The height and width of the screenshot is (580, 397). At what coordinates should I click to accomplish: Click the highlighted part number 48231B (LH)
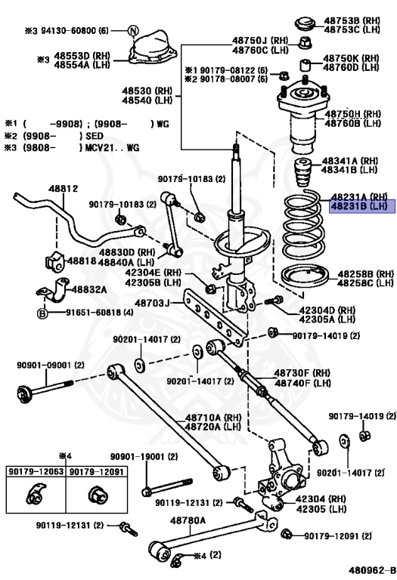coord(358,206)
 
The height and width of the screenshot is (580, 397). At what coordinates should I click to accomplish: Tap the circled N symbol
coord(134,31)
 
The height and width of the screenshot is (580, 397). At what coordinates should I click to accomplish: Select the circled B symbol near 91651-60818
coord(42,313)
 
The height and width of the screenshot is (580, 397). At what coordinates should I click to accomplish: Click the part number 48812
coord(64,189)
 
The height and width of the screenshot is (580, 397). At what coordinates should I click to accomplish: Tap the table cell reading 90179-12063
coord(36,471)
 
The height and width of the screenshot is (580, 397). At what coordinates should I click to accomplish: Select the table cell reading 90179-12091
coord(97,471)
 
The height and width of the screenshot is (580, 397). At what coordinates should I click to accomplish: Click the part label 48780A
coord(188,520)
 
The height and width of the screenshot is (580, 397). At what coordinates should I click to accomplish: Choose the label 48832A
coord(89,289)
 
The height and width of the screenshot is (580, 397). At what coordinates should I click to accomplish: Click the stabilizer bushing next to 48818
coord(54,261)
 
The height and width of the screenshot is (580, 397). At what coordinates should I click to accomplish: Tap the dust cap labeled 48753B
coord(306,23)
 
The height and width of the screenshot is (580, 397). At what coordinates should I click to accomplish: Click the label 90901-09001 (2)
coord(51,365)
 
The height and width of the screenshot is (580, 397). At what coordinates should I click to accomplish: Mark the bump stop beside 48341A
coord(303,173)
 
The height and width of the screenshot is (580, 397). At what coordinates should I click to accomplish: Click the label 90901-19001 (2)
coord(144,457)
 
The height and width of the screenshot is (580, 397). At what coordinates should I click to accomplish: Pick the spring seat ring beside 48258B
coord(305,276)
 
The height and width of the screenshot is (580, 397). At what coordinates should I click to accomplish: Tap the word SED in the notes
coord(95,136)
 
